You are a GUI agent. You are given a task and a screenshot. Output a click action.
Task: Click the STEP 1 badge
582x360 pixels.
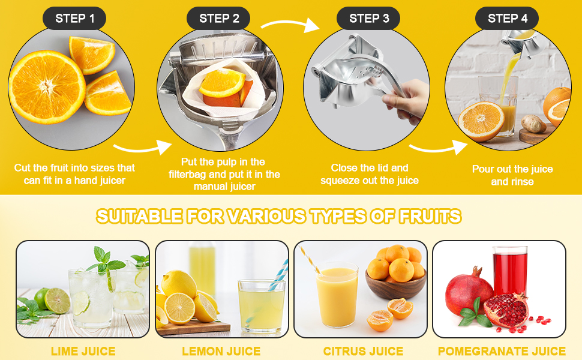point(74,19)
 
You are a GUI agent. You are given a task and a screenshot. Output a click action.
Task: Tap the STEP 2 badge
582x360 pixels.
point(219,19)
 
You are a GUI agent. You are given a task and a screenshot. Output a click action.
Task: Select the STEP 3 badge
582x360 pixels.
point(369,19)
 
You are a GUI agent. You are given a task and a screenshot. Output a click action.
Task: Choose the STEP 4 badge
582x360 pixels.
point(507,19)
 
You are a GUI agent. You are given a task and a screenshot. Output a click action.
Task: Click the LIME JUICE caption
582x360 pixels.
point(83,351)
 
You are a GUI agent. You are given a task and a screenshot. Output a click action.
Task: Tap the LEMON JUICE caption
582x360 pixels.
point(221,351)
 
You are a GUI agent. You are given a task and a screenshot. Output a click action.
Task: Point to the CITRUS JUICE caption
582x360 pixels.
point(363,351)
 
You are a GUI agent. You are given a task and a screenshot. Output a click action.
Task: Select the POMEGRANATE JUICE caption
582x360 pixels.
point(502,351)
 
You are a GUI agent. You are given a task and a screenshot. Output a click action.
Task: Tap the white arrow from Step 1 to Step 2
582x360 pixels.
point(142,148)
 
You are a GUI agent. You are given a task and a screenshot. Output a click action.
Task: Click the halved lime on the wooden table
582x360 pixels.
point(58,300)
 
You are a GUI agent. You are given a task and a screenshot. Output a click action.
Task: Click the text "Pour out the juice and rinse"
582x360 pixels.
point(512,175)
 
